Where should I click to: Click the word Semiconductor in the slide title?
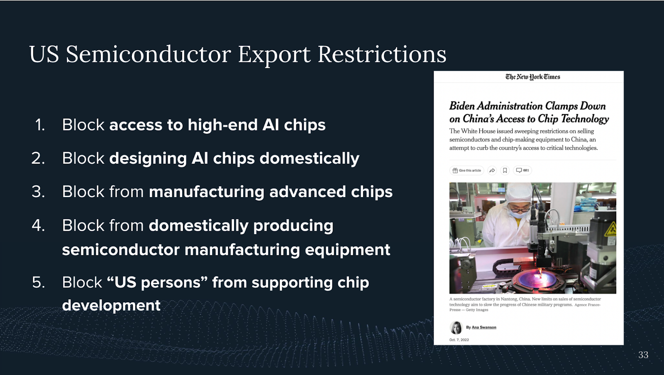pos(148,54)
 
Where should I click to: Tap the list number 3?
pos(38,192)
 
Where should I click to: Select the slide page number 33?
pos(643,355)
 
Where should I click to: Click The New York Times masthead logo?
pos(533,77)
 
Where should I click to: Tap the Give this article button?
pos(466,170)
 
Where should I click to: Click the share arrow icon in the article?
pos(492,170)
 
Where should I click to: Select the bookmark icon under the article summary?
pos(505,170)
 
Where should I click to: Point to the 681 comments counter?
pos(522,170)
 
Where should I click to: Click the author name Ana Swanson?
pos(484,327)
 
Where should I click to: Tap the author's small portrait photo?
pos(456,328)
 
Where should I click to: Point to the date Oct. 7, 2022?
pos(459,340)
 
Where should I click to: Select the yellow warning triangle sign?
pos(611,229)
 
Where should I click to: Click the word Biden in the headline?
pos(462,106)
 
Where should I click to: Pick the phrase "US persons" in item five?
pos(157,282)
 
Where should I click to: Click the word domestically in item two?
pos(310,158)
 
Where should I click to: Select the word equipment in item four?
pos(347,250)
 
